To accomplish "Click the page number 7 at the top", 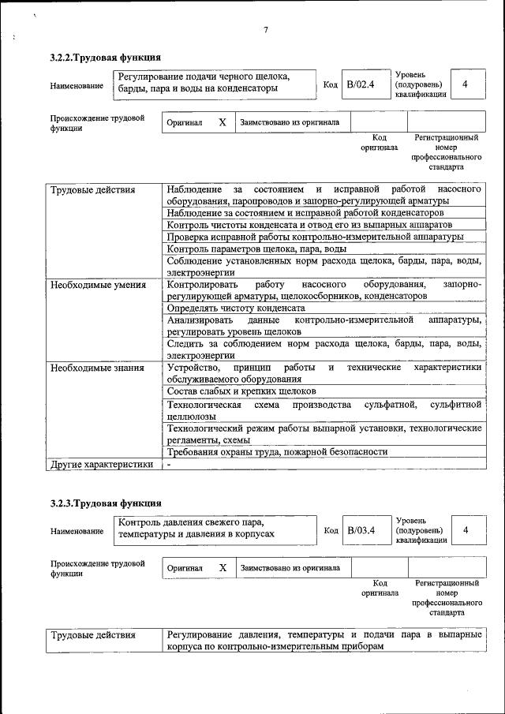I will coord(266,30).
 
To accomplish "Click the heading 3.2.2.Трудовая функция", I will coord(106,58).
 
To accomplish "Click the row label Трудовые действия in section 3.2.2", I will coord(92,190).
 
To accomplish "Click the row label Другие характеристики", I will coord(101,465).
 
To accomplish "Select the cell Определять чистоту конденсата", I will coord(236,308).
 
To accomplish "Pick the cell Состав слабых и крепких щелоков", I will coord(241,391).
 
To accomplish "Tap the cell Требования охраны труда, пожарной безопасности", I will coord(277,452).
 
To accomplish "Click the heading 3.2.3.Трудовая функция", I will coord(106,503).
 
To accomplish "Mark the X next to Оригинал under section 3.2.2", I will coord(222,122).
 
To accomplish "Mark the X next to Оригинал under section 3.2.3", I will coord(223,567).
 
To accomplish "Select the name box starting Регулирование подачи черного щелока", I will coord(212,83).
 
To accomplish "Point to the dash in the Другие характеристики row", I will coord(169,465).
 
